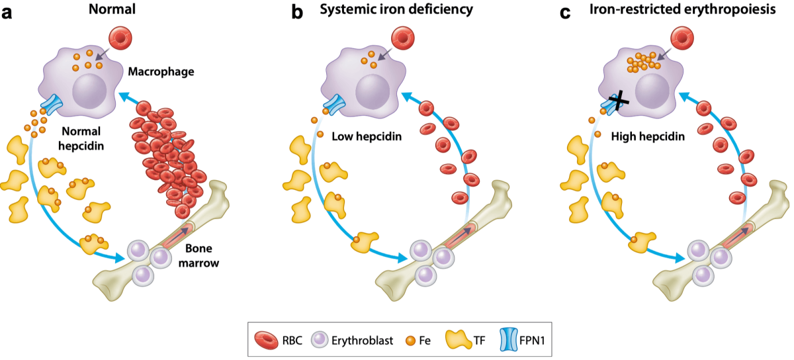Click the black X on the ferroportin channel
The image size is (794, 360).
pyautogui.click(x=619, y=101)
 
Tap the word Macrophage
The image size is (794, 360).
pyautogui.click(x=161, y=71)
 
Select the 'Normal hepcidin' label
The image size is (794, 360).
pyautogui.click(x=81, y=138)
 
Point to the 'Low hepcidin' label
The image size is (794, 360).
pyautogui.click(x=367, y=136)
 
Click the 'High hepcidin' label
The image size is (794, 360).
pyautogui.click(x=648, y=136)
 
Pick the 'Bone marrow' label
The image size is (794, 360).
pyautogui.click(x=198, y=255)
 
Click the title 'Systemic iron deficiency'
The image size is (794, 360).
pyautogui.click(x=396, y=9)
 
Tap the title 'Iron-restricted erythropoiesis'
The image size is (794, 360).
pyautogui.click(x=682, y=9)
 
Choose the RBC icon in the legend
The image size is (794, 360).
pyautogui.click(x=267, y=341)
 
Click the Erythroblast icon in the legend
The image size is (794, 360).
pyautogui.click(x=320, y=339)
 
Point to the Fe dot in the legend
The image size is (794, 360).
pyautogui.click(x=410, y=341)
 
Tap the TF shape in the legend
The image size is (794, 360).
pyautogui.click(x=459, y=339)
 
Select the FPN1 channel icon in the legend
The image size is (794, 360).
pyautogui.click(x=509, y=339)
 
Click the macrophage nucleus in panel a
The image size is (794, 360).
pyautogui.click(x=89, y=91)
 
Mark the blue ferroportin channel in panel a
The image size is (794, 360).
pyautogui.click(x=52, y=105)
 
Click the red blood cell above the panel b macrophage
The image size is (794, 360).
pyautogui.click(x=403, y=38)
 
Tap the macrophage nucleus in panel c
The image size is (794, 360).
pyautogui.click(x=652, y=91)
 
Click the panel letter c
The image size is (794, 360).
pyautogui.click(x=565, y=13)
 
